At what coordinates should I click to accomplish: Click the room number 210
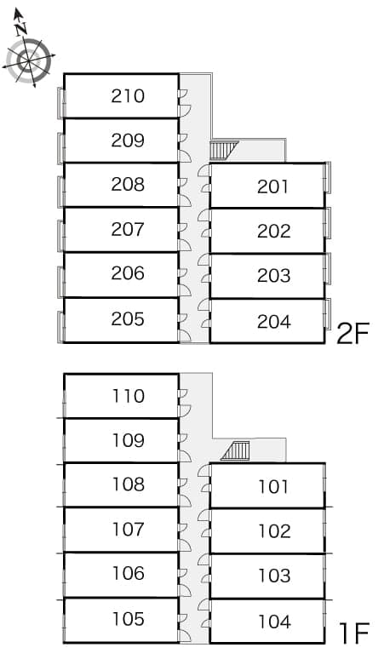128,96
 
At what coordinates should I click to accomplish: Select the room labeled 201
273,186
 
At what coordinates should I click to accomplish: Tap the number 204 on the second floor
274,322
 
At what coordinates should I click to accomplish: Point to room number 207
128,230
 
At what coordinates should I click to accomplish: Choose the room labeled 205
128,319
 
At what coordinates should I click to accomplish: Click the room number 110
129,396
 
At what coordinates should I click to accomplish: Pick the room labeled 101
273,487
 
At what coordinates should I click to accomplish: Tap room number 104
274,622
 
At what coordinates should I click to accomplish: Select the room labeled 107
129,529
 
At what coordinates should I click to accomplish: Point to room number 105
129,619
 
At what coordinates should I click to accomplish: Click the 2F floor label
352,334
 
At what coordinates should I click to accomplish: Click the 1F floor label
353,633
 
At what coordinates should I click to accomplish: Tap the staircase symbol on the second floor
224,150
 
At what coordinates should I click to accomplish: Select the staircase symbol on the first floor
235,451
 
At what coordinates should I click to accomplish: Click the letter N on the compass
21,28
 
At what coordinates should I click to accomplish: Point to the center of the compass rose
28,62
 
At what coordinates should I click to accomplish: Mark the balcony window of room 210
61,102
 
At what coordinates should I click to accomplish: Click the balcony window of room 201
327,177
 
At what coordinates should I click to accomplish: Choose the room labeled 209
128,140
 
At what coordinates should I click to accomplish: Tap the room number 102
274,531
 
